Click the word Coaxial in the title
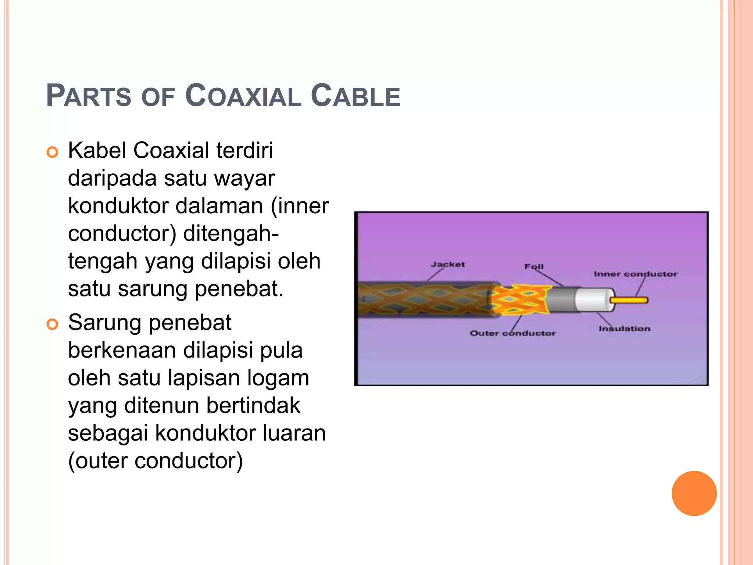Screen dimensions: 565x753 [243, 96]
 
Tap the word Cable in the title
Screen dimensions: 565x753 [355, 96]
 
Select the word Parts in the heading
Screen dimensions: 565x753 [89, 96]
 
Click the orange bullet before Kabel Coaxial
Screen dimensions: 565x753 [53, 152]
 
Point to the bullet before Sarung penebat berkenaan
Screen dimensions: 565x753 [53, 324]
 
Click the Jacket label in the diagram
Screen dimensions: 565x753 [447, 264]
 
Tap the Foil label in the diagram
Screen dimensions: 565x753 [533, 266]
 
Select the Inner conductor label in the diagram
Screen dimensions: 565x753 [635, 274]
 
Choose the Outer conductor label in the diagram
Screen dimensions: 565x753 [513, 333]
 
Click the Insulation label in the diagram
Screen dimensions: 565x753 [624, 328]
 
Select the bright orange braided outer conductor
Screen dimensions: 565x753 [520, 300]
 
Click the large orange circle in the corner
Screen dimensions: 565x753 [694, 493]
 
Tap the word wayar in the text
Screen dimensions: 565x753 [245, 178]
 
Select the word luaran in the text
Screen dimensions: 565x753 [294, 433]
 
